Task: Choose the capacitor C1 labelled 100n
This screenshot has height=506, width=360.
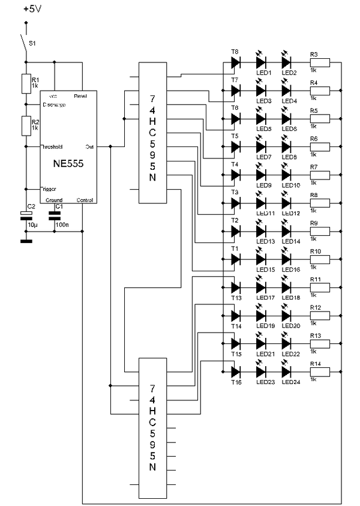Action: [55, 215]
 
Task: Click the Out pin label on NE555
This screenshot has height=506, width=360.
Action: [89, 146]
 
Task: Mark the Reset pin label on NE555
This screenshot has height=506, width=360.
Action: [82, 95]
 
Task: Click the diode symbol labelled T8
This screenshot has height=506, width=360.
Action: [235, 62]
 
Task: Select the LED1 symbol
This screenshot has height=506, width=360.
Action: [261, 62]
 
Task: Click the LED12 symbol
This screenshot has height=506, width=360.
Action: [287, 203]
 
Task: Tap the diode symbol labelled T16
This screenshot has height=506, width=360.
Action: [235, 372]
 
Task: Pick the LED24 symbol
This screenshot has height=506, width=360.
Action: [287, 372]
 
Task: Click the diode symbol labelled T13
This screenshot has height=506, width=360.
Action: [235, 288]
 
